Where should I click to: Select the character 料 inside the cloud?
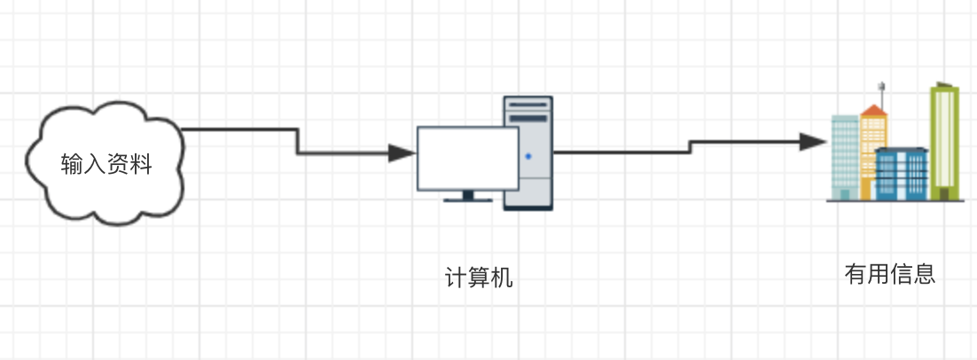pyautogui.click(x=142, y=165)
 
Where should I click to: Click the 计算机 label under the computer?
pyautogui.click(x=479, y=278)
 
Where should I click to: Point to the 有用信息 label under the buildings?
pyautogui.click(x=889, y=274)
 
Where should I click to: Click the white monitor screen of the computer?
pyautogui.click(x=468, y=158)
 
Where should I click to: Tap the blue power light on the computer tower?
pyautogui.click(x=528, y=157)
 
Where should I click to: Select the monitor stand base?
pyautogui.click(x=467, y=200)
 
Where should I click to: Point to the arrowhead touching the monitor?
pyautogui.click(x=403, y=153)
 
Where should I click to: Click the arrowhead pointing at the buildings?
pyautogui.click(x=812, y=142)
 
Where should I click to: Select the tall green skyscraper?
pyautogui.click(x=944, y=142)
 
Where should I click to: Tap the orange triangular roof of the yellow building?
pyautogui.click(x=874, y=111)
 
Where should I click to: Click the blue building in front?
pyautogui.click(x=901, y=174)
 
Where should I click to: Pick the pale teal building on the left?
pyautogui.click(x=844, y=155)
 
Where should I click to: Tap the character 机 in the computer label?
pyautogui.click(x=502, y=278)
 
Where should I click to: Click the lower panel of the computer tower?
pyautogui.click(x=528, y=191)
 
